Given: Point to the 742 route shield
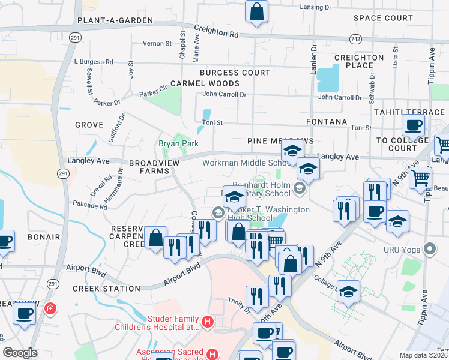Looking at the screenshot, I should coord(355,38).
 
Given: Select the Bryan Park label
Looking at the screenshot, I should coord(178,143).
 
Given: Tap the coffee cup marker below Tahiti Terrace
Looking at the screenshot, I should coord(414,126).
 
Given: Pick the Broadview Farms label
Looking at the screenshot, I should coord(150,167).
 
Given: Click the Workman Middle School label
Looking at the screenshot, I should coord(246,163).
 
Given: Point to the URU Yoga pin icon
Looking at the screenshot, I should coord(429,248).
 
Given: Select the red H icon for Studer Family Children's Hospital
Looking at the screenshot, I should coord(208,322).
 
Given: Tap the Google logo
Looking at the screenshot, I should coord(20,353).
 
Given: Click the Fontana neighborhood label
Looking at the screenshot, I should coord(327,122).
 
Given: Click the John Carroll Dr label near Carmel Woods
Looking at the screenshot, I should coord(224,94).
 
